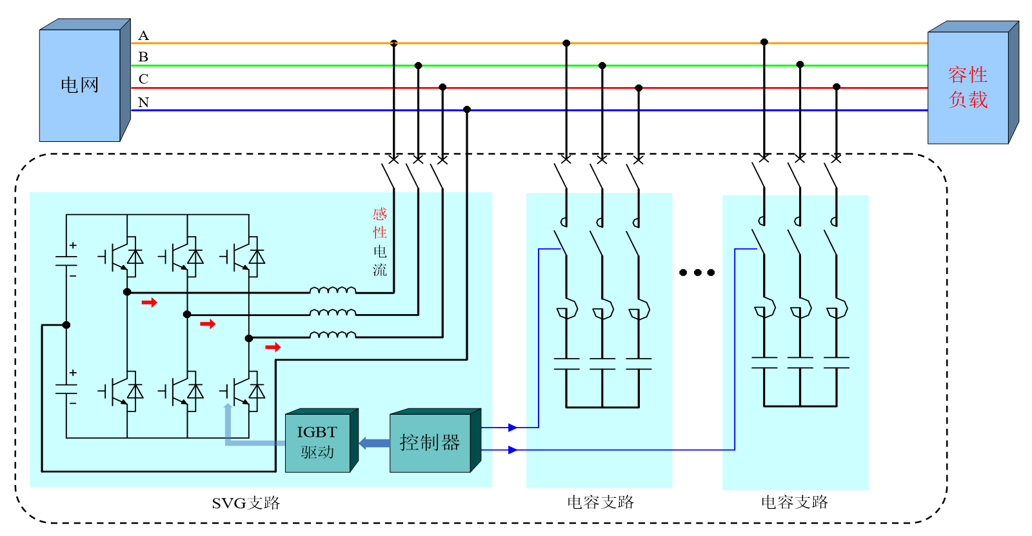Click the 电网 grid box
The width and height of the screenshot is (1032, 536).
79,84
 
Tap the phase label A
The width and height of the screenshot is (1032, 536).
143,35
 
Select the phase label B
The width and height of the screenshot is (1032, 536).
143,57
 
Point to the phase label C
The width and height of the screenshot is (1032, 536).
143,79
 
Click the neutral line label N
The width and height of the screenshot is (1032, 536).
143,102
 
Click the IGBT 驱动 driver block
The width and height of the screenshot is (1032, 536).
317,442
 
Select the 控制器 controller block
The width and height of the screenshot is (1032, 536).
430,442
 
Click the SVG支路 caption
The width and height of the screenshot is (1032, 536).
246,503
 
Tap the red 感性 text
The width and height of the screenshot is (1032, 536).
380,223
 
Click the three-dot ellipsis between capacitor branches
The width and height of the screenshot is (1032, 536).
697,272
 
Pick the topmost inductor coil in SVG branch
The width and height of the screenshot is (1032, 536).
332,290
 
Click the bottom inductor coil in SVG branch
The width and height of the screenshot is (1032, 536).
332,335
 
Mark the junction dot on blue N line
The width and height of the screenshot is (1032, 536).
467,110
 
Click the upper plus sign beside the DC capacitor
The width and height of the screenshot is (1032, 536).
73,245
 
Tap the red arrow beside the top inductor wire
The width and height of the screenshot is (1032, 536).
150,303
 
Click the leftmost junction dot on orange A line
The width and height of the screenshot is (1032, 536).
393,43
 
